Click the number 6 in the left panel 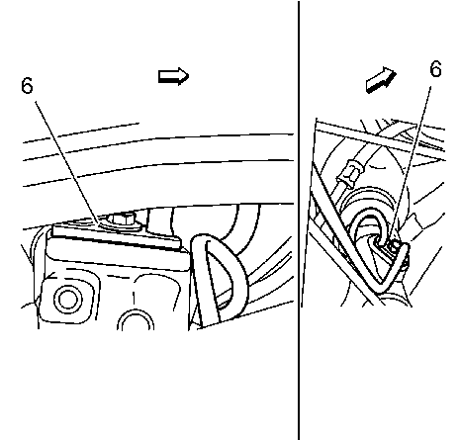click(x=27, y=86)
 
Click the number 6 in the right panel click(x=436, y=69)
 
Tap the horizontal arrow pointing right click(x=173, y=76)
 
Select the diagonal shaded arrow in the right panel click(x=381, y=80)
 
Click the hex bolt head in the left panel click(x=122, y=218)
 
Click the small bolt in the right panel click(x=395, y=244)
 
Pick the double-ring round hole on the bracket click(x=68, y=300)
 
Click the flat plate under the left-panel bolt click(x=116, y=237)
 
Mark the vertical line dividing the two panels click(x=299, y=220)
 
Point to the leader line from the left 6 click(x=67, y=162)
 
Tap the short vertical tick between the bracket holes click(x=134, y=298)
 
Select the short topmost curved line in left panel click(x=81, y=132)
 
